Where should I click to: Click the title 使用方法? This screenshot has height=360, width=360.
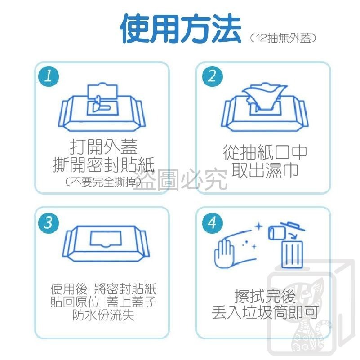(x=180, y=29)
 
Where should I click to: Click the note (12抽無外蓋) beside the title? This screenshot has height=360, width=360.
(x=284, y=39)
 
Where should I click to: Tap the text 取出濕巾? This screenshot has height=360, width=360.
(x=265, y=170)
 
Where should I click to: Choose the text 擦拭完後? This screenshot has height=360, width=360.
(x=265, y=296)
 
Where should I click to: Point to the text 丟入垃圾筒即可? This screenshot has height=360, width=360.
(x=265, y=312)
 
